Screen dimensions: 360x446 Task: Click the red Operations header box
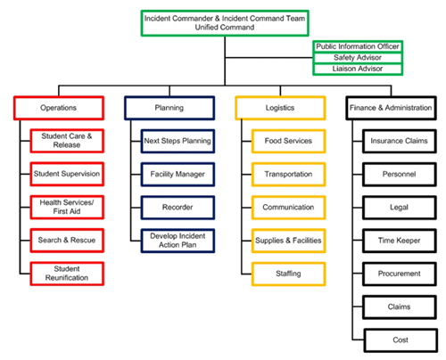point(58,108)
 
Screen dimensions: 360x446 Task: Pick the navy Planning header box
point(169,108)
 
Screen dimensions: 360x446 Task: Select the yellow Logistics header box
point(279,108)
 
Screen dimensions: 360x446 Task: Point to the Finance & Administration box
point(389,108)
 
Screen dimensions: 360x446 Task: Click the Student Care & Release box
point(67,140)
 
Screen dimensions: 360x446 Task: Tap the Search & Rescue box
point(67,240)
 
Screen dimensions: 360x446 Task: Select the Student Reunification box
point(67,273)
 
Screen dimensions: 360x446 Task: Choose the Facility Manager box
point(178,174)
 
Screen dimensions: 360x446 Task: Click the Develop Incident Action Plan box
point(178,240)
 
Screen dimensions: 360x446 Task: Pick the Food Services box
point(288,141)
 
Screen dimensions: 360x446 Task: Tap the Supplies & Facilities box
point(288,240)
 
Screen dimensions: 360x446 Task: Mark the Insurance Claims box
point(399,141)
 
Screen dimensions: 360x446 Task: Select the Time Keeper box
point(399,240)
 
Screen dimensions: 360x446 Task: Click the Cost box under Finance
point(399,339)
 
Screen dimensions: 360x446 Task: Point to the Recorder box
point(178,207)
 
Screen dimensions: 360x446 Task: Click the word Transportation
point(288,174)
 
